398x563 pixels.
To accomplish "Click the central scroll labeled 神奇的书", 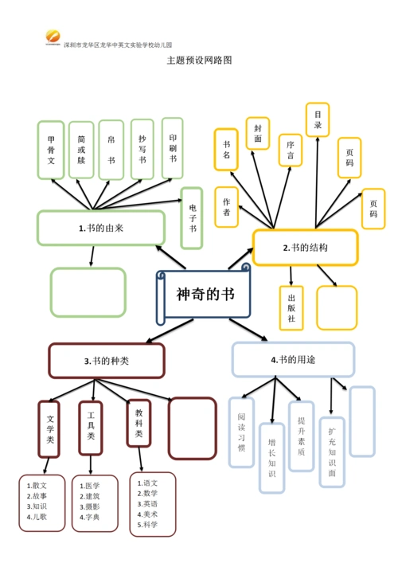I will point(205,295).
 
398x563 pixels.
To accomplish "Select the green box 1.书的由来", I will point(100,228).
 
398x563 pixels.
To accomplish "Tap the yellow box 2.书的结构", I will point(305,248).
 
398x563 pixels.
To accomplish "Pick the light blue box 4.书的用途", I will point(293,359).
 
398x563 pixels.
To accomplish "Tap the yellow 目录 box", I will point(318,119).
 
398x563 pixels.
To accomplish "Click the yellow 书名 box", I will point(226,149).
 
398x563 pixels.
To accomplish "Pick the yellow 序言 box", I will point(290,151).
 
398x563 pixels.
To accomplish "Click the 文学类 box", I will point(49,428).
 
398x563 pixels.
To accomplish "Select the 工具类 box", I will point(91,425).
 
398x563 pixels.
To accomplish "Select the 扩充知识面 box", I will point(332,452).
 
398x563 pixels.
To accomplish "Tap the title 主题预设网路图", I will point(199,60).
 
